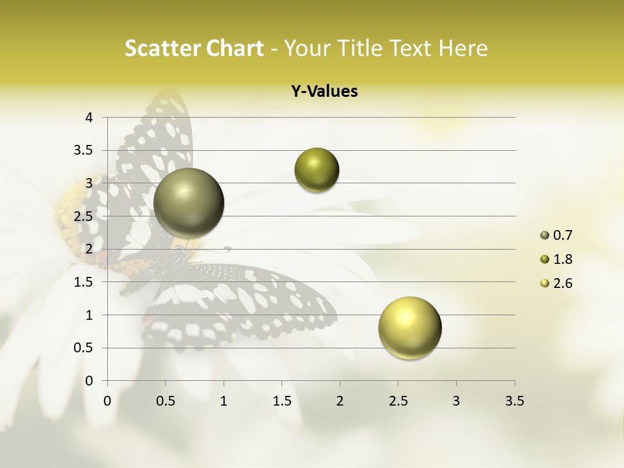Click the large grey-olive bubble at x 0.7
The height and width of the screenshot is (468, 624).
point(188,203)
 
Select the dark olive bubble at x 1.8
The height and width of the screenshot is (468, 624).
point(317,170)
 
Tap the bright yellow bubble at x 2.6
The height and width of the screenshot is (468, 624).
point(409,328)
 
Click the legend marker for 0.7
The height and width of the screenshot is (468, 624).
point(545,235)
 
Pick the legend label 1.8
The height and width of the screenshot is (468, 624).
point(563,259)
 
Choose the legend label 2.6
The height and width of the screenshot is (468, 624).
point(563,283)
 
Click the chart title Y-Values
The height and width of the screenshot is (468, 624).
point(324,92)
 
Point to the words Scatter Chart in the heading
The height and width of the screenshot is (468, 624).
point(194,48)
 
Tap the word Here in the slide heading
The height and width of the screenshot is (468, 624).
point(461,48)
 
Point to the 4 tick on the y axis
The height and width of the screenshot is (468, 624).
point(90,118)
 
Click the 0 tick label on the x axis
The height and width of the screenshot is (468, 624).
point(107,401)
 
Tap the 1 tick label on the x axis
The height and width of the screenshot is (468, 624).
point(224,401)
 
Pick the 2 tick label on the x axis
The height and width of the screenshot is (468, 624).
point(340,401)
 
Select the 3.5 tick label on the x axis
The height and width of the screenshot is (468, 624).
point(514,401)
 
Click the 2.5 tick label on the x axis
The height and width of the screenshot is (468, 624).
point(398,401)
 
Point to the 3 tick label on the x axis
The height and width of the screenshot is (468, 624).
point(456,401)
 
